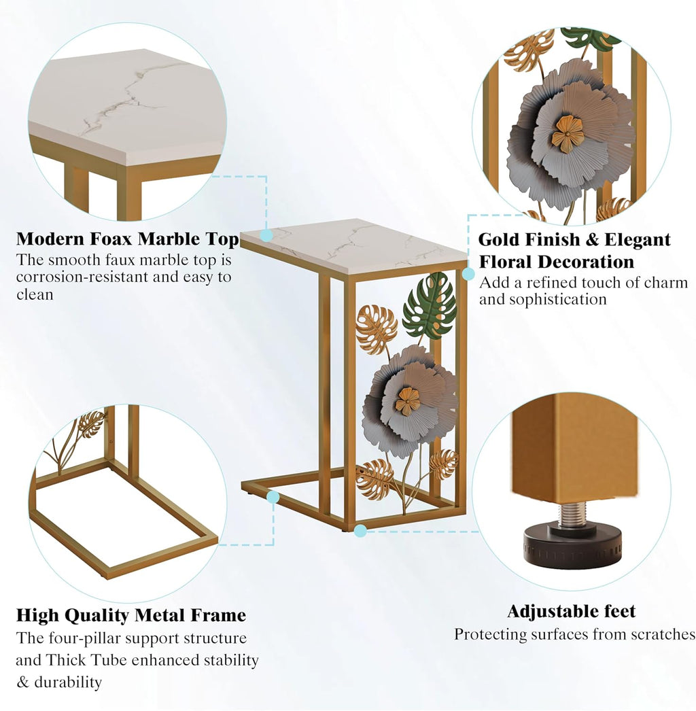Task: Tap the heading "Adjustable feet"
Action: tap(572, 611)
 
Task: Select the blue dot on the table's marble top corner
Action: tap(266, 235)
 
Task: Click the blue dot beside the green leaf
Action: tap(468, 274)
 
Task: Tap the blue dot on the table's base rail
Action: tap(273, 497)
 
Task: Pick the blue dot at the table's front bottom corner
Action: tap(360, 530)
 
